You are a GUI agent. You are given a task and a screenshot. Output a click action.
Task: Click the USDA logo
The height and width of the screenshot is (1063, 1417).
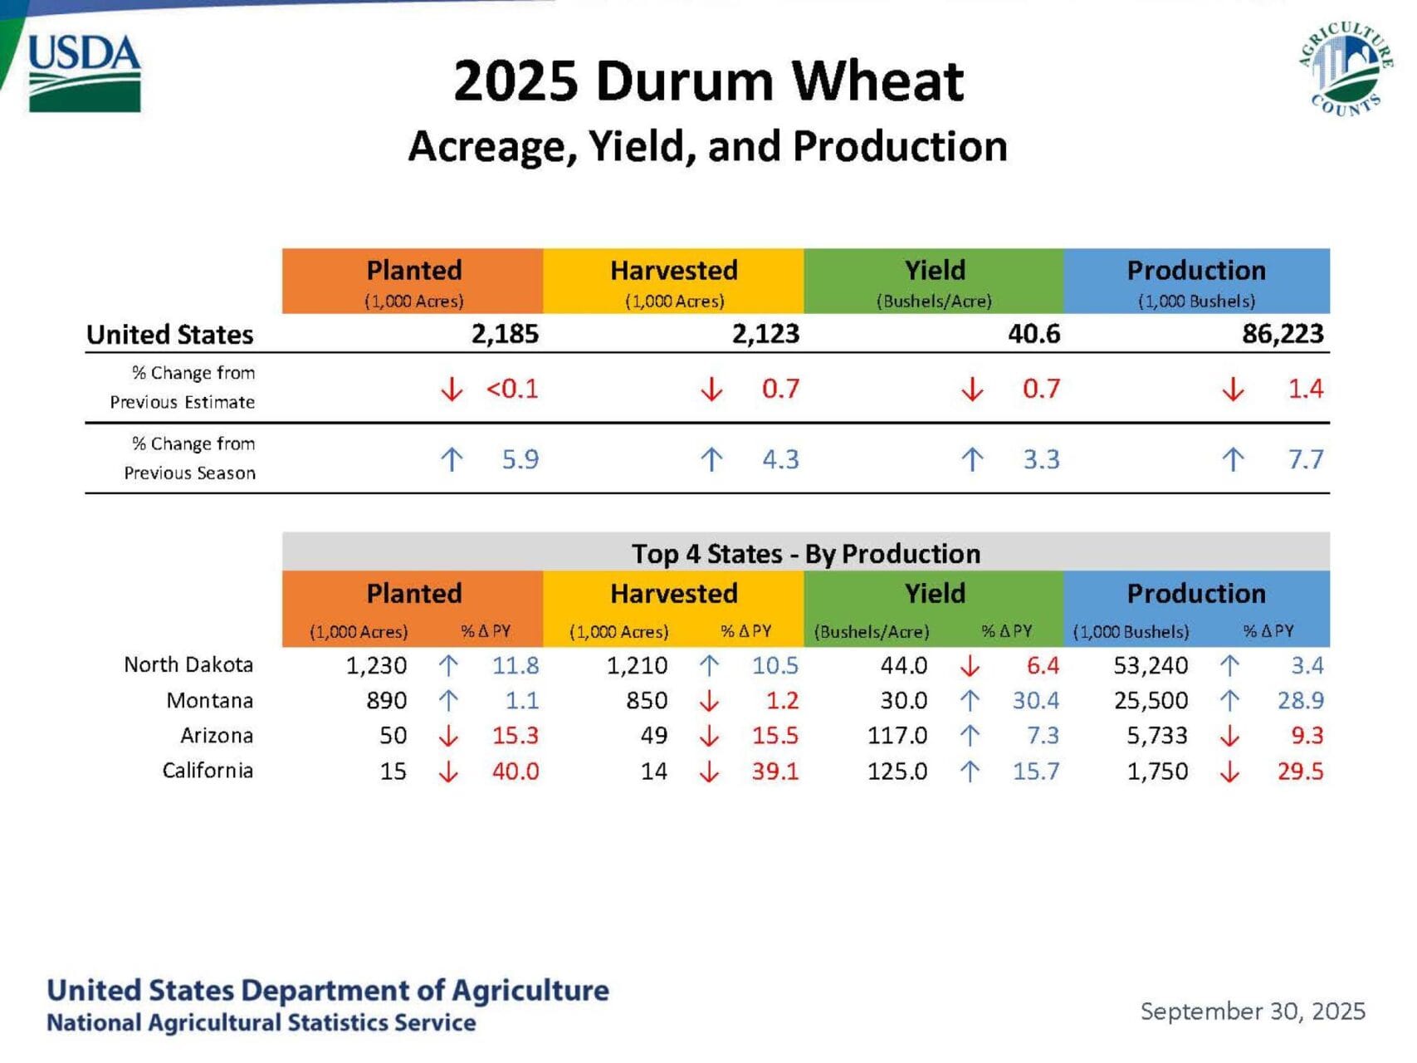[x=85, y=73]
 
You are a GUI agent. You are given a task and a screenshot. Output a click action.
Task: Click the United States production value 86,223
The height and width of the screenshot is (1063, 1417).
[x=1283, y=334]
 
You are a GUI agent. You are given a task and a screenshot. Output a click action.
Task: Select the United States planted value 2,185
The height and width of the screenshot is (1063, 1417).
[x=505, y=334]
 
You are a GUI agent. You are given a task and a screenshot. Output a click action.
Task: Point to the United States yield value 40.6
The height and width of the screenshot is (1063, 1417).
[x=1033, y=334]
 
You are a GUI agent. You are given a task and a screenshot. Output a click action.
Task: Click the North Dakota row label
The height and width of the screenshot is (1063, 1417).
[x=188, y=664]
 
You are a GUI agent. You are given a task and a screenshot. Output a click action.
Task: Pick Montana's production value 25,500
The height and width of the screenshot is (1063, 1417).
[x=1151, y=701]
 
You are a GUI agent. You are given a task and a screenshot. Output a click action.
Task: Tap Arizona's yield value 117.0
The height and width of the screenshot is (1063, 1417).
[x=897, y=736]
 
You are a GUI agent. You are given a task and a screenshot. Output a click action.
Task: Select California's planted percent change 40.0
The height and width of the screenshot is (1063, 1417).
[x=515, y=772]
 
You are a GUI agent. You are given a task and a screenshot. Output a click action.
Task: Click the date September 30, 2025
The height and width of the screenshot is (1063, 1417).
[x=1253, y=1012]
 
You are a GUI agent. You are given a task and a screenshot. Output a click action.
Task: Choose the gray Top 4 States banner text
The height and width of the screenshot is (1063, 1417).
[x=806, y=554]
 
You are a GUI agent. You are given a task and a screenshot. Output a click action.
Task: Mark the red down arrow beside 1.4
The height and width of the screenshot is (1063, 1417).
[x=1233, y=389]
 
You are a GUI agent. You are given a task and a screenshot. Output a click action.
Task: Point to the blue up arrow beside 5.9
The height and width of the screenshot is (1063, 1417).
[x=452, y=459]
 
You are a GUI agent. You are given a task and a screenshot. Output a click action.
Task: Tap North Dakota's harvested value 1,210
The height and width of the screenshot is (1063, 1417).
[x=637, y=665]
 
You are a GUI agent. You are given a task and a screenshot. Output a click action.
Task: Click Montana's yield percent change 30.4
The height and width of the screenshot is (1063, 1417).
[x=1036, y=701]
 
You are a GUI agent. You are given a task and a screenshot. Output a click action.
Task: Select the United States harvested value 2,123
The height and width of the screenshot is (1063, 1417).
[x=765, y=334]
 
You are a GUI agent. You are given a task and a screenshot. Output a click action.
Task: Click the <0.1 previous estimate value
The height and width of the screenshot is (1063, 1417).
[x=512, y=389]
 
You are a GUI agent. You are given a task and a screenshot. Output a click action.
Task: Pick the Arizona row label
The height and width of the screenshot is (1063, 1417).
[x=217, y=736]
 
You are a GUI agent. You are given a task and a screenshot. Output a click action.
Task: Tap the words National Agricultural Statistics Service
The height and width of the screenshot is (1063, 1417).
[x=261, y=1022]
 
